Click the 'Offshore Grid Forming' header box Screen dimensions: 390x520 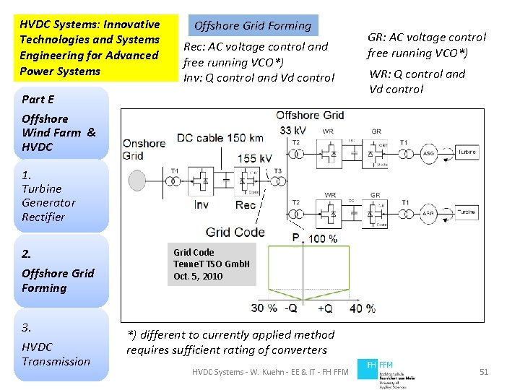tap(253, 26)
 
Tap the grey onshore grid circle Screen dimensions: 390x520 tap(136, 180)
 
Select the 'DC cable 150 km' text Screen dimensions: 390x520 tap(220, 137)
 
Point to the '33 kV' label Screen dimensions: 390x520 tap(293, 130)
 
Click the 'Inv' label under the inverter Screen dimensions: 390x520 tap(201, 205)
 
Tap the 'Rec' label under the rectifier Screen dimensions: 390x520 tap(245, 205)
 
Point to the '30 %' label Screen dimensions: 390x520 tap(264, 308)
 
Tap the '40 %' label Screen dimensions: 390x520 tap(361, 308)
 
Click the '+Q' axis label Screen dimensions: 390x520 tap(326, 308)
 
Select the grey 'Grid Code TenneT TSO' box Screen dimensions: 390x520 tap(212, 264)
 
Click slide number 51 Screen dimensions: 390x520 tap(484, 372)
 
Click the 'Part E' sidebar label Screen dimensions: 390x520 tap(38, 100)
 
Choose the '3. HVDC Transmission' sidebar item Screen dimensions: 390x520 tap(56, 344)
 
